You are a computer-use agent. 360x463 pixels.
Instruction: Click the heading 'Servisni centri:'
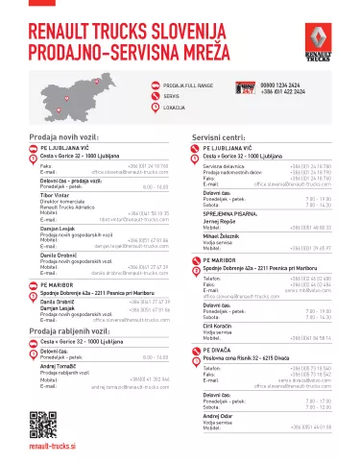point(223,137)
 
